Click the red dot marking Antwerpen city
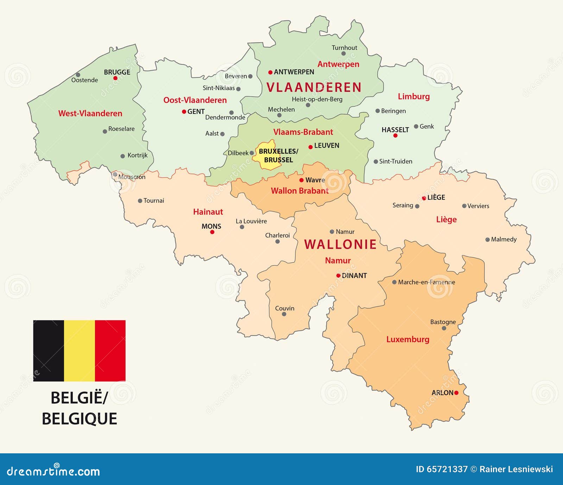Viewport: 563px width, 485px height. point(270,73)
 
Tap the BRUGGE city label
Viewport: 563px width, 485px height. point(117,72)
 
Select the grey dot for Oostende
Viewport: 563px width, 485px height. point(78,75)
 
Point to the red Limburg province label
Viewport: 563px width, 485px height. point(413,96)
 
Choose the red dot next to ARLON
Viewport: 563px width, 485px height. point(456,393)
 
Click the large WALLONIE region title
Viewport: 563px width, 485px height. point(340,244)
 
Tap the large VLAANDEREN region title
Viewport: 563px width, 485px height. point(314,87)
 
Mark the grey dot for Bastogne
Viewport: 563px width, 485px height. point(444,328)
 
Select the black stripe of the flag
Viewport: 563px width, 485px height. point(49,351)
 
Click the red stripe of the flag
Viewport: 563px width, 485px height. point(110,351)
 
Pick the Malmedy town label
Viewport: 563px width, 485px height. point(504,239)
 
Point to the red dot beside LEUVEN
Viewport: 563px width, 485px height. point(310,147)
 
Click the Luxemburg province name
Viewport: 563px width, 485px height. point(407,339)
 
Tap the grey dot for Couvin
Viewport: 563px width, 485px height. point(284,314)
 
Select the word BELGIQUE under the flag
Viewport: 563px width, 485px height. point(80,419)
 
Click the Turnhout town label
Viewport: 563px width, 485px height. point(344,48)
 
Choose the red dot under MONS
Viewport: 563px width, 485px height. point(212,232)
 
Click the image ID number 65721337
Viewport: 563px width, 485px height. point(447,469)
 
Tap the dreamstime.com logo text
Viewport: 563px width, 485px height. point(53,471)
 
